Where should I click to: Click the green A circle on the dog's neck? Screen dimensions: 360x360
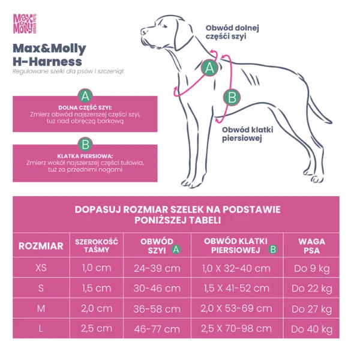pos(209,68)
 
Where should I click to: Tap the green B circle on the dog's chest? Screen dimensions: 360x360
pos(232,97)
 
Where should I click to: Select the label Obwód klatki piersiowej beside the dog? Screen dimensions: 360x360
pos(244,134)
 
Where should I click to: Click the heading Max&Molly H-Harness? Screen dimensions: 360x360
pos(49,55)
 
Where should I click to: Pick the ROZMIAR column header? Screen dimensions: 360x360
pos(41,245)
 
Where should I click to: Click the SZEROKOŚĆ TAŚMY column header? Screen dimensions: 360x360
pos(97,245)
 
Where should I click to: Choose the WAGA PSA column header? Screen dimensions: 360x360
pos(312,245)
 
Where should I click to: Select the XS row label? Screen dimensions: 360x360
pos(41,268)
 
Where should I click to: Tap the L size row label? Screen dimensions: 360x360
pos(41,328)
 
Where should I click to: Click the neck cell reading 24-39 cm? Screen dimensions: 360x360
pos(157,268)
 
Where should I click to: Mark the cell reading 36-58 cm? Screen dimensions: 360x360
pos(157,308)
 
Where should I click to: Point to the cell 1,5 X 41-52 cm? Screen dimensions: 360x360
pos(236,288)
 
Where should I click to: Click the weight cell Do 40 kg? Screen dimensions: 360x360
pos(312,329)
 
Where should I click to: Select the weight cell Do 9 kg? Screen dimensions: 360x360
pos(312,268)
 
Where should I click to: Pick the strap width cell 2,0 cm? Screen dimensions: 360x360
pos(97,308)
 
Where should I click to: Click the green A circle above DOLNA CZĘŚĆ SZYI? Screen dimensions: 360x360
pos(85,95)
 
